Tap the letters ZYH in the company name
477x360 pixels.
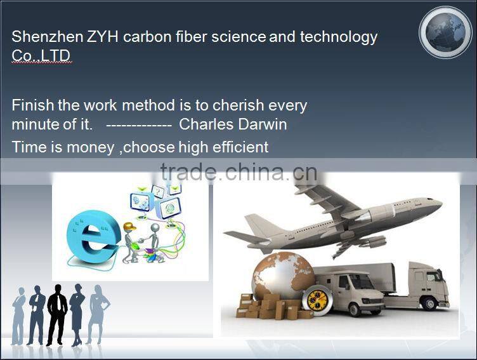point(96,37)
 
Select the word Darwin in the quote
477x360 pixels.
point(263,124)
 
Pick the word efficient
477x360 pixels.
point(237,148)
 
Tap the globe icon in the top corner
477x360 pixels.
point(445,32)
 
